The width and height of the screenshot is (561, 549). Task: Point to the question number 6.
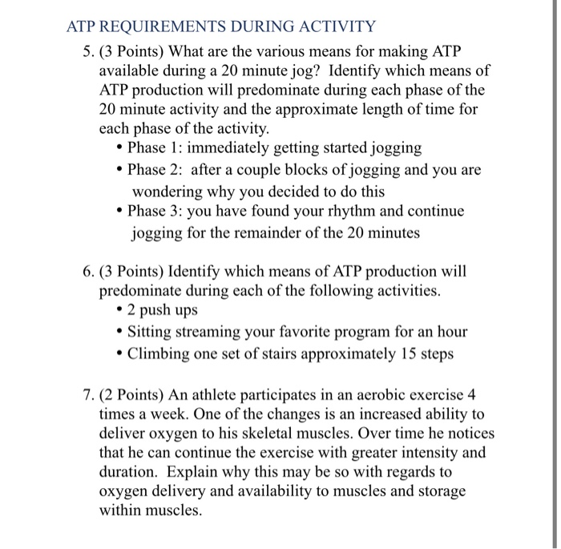click(87, 271)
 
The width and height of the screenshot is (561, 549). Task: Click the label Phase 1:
click(155, 148)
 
